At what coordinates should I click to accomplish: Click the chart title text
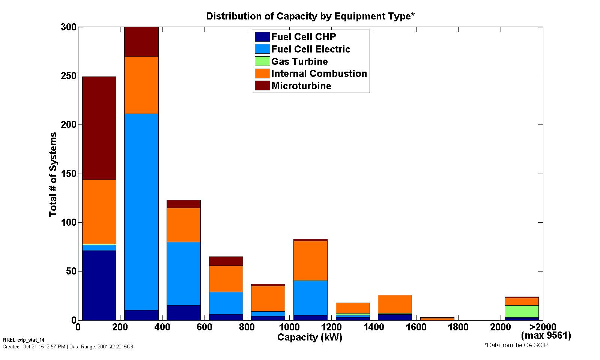(310, 16)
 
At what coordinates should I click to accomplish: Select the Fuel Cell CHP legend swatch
(262, 37)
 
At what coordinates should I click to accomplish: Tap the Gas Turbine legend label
(299, 61)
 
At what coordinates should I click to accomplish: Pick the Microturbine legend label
(301, 86)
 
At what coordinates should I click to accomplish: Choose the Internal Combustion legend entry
(319, 73)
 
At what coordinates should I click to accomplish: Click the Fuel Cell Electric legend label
(311, 49)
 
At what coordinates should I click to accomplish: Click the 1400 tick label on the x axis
(374, 327)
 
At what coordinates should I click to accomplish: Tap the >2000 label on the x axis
(543, 327)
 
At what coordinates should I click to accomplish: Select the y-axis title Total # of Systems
(53, 174)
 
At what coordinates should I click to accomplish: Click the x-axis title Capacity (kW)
(310, 337)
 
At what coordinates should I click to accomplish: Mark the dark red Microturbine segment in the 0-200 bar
(99, 127)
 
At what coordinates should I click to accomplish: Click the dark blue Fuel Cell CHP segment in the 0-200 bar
(99, 285)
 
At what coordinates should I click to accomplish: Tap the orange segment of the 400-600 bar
(183, 225)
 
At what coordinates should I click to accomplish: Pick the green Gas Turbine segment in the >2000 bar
(522, 311)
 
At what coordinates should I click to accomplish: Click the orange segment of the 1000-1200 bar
(310, 260)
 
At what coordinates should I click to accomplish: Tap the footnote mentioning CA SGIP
(517, 345)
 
